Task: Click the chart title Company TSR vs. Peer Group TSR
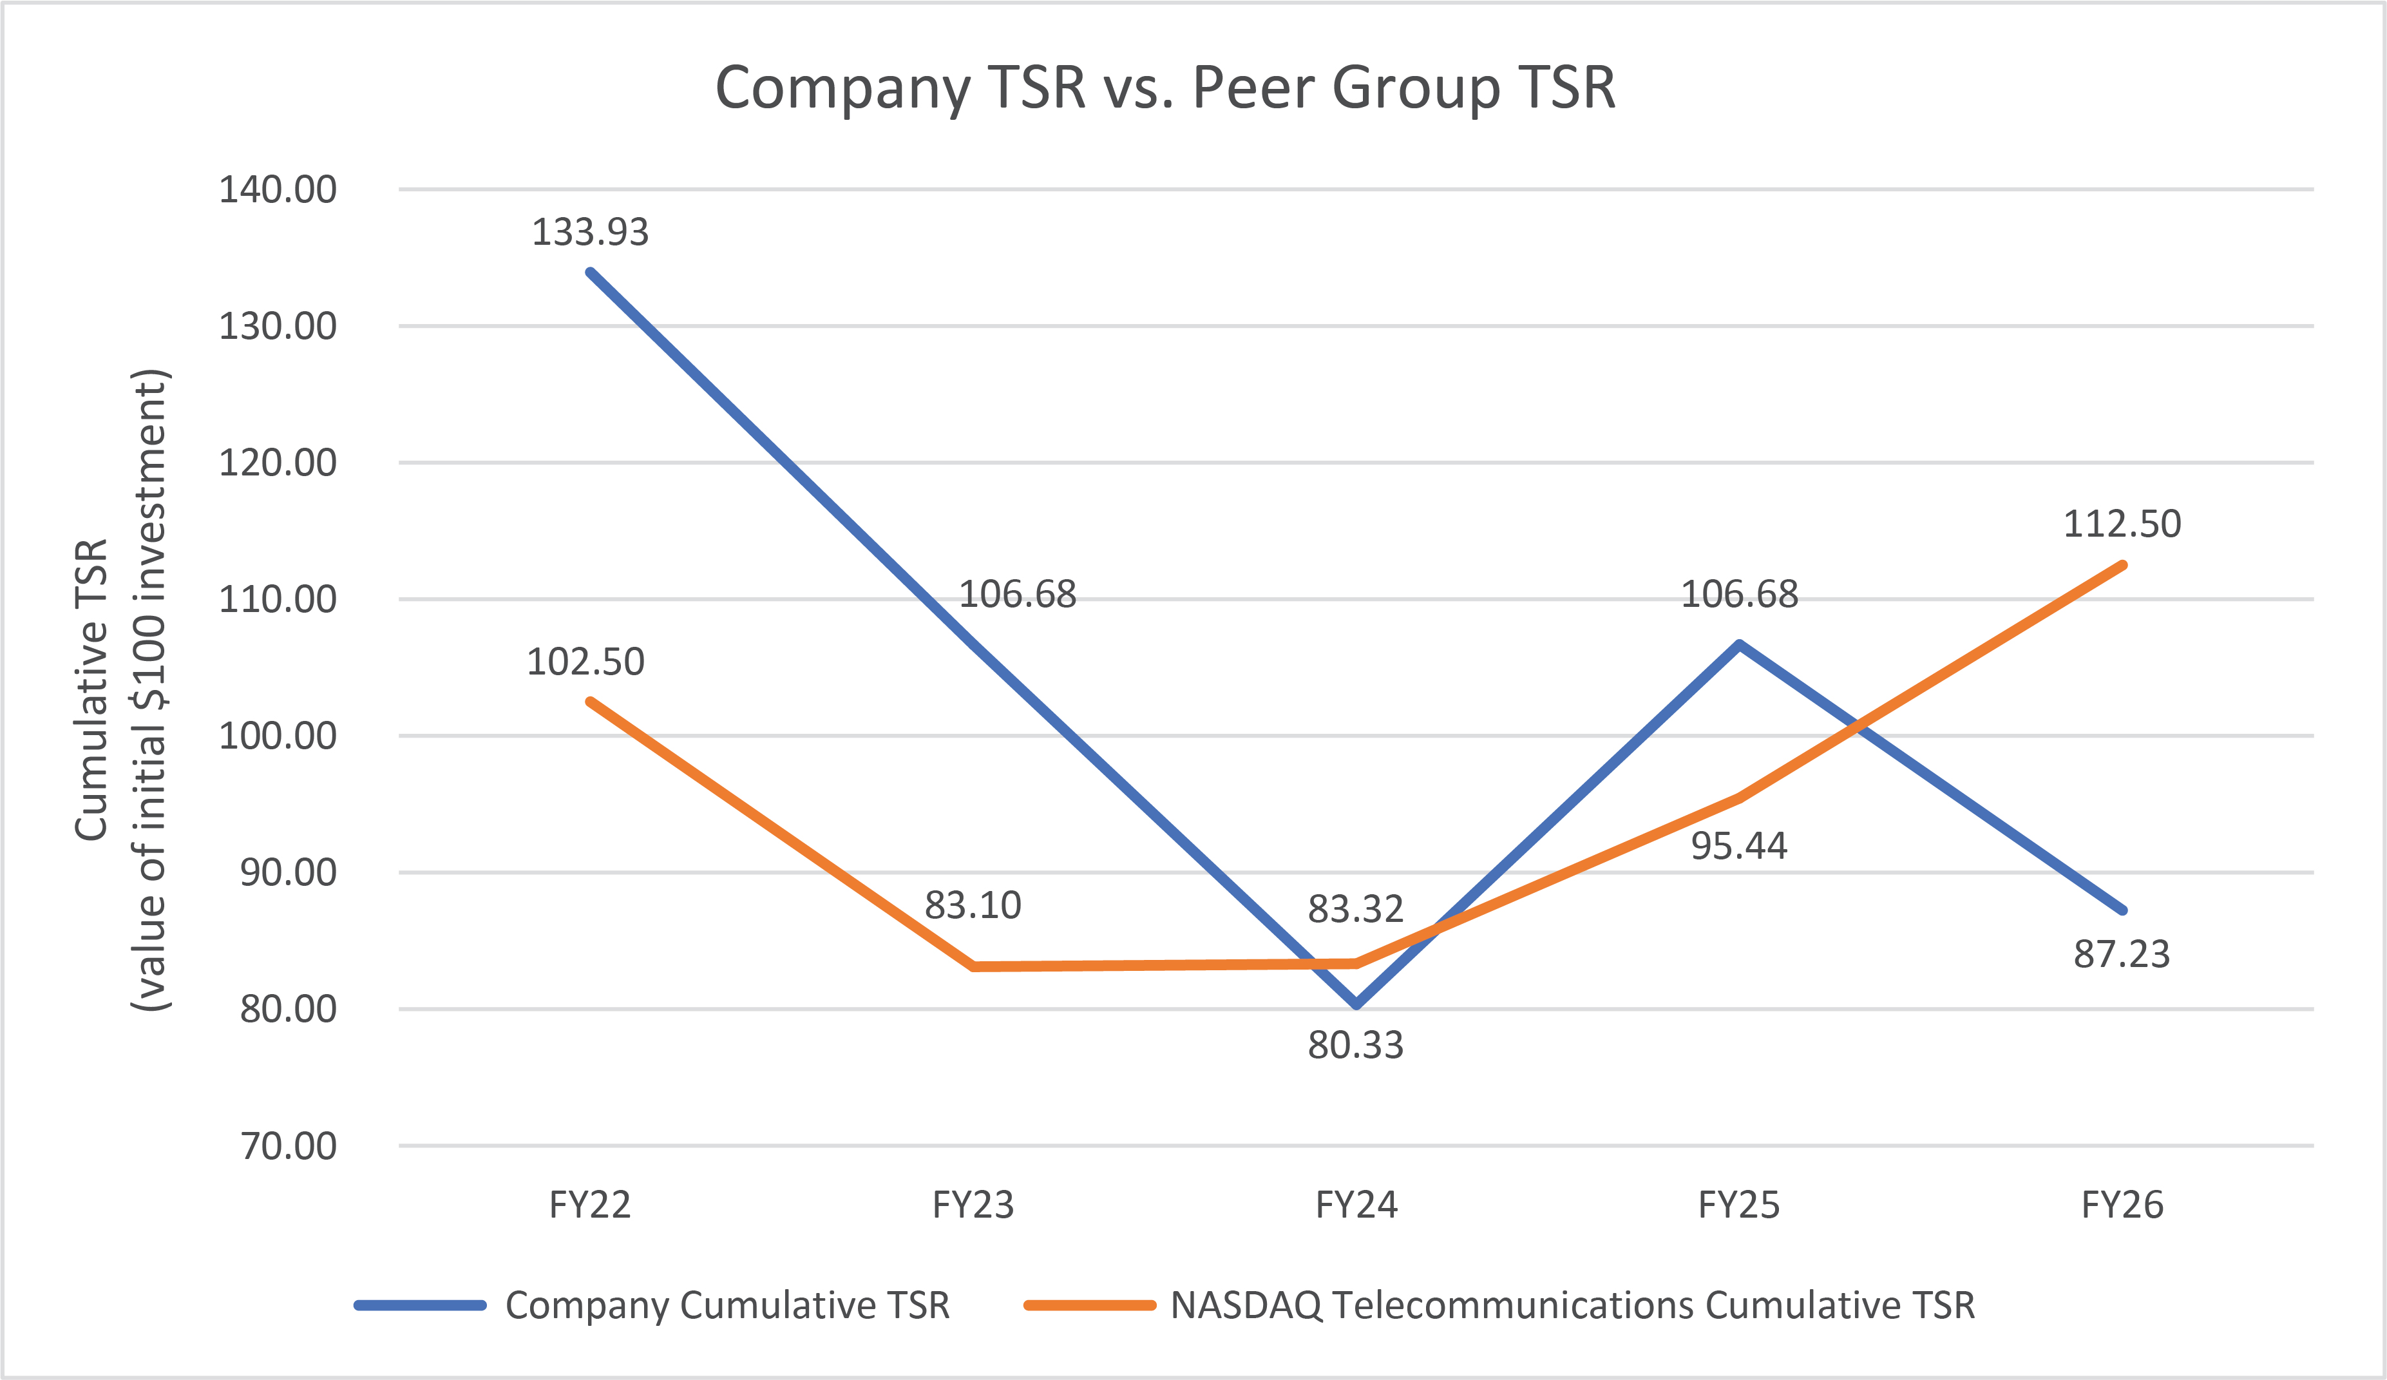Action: point(1165,88)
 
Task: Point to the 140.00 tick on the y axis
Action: point(278,189)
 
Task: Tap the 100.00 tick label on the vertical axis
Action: point(278,736)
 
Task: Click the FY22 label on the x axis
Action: point(590,1205)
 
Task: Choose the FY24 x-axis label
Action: point(1356,1205)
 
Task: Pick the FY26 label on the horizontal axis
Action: point(2122,1205)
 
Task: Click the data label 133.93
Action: point(590,232)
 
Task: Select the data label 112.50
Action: point(2122,524)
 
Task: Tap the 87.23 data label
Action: point(2122,955)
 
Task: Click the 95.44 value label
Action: point(1739,846)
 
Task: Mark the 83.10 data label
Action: point(973,905)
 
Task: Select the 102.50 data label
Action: point(585,662)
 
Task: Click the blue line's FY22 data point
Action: point(590,273)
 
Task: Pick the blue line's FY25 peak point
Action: point(1739,645)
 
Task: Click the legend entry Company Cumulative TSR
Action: point(727,1305)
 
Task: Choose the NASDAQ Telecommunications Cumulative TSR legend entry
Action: point(1572,1305)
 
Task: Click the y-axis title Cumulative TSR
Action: point(92,689)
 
